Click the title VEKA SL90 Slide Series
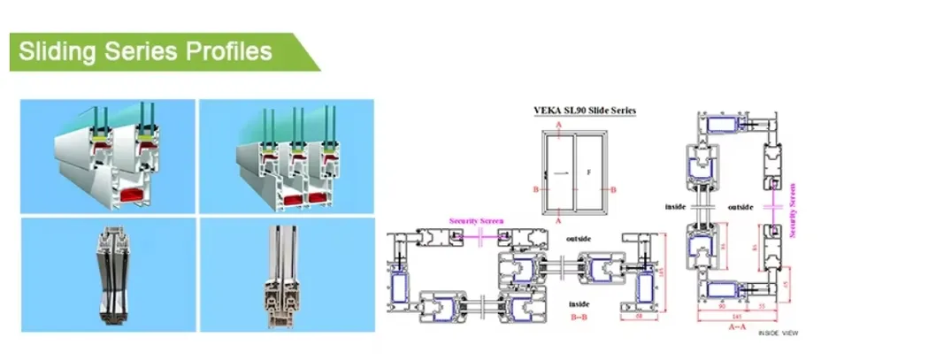(x=583, y=111)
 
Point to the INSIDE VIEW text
(x=778, y=334)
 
